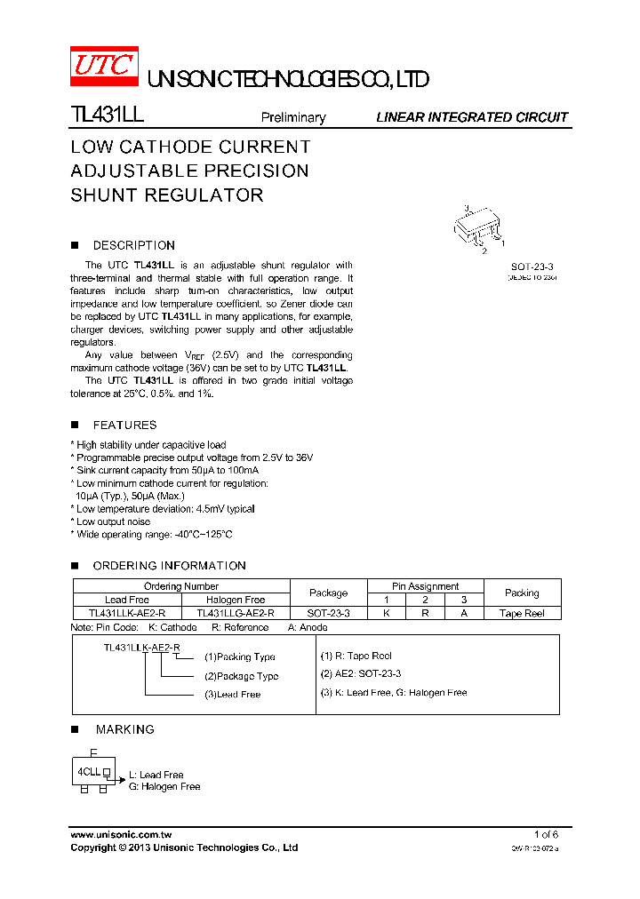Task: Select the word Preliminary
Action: (292, 117)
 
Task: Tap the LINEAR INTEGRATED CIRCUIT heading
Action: (471, 117)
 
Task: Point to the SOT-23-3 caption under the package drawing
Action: (532, 267)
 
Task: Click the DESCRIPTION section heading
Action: (133, 245)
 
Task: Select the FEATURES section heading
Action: (124, 425)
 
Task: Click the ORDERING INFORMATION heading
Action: (169, 565)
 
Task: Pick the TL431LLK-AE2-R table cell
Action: (127, 613)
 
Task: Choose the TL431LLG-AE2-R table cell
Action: (236, 613)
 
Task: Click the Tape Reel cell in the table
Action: (522, 613)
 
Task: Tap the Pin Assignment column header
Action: (425, 586)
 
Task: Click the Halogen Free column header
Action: (236, 600)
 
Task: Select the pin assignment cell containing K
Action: (386, 613)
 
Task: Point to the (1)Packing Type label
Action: (240, 657)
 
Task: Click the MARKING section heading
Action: (124, 729)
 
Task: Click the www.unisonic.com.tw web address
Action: (121, 835)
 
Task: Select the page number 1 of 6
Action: (546, 835)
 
